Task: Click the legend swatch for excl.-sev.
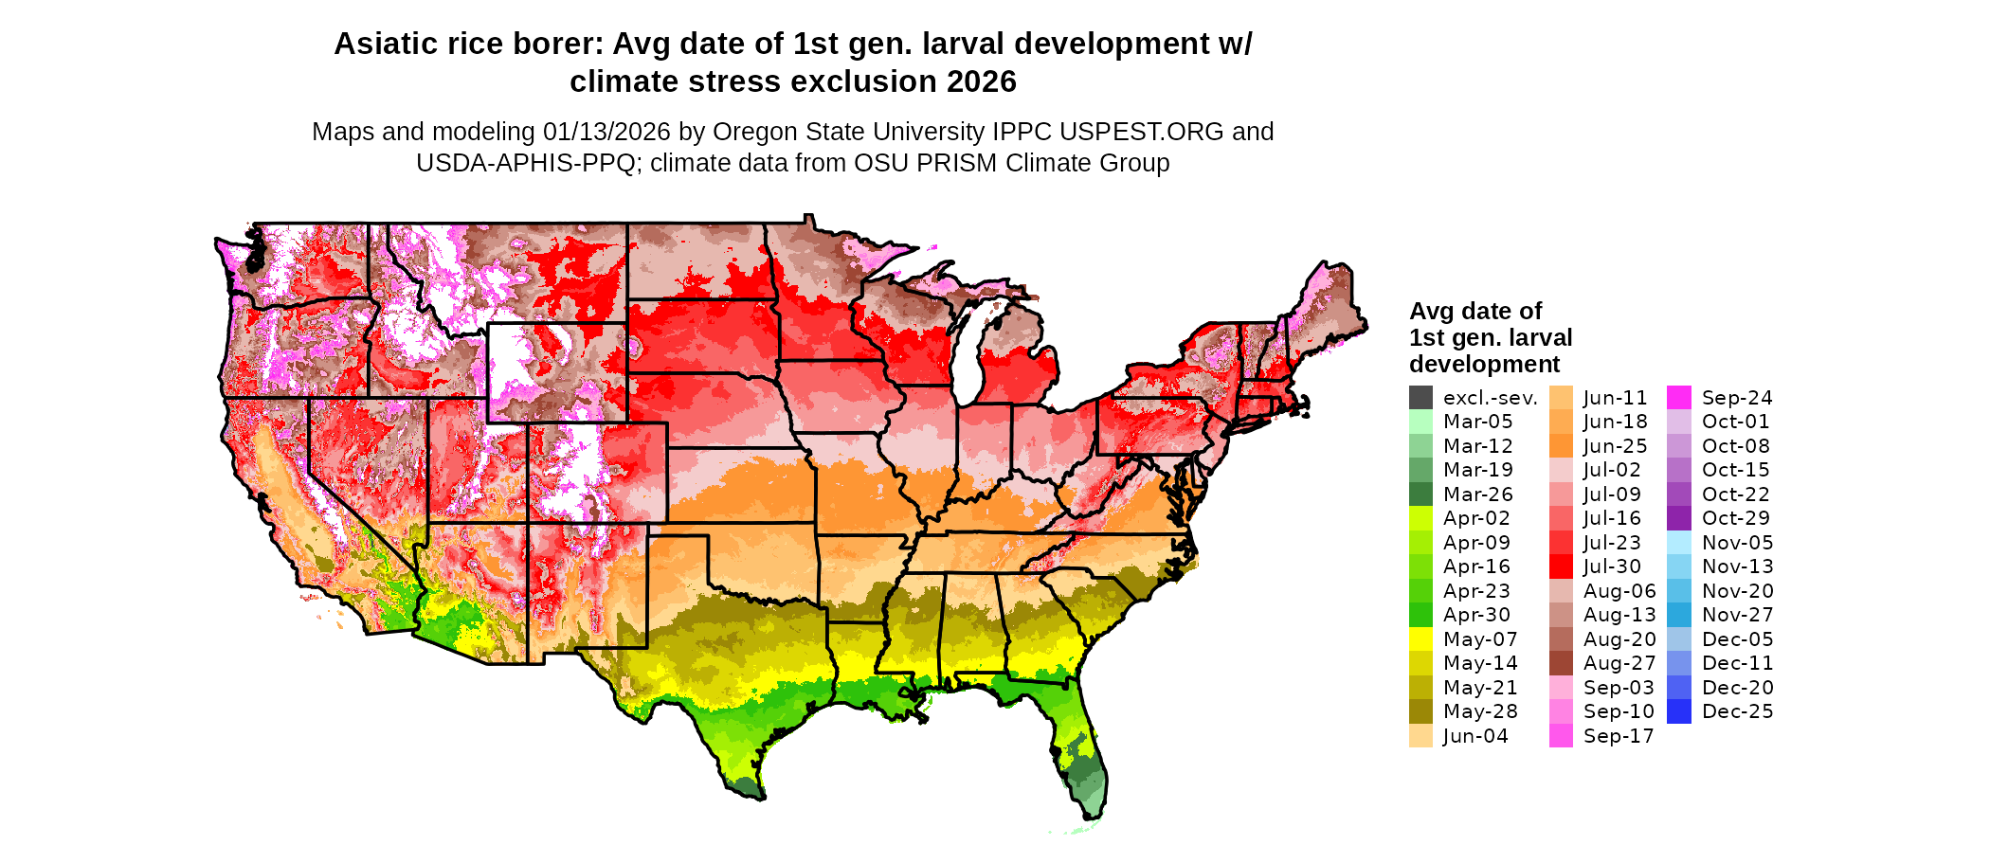tap(1420, 398)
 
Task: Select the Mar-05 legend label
tap(1477, 422)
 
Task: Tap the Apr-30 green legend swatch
tap(1420, 615)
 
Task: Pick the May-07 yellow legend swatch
tap(1420, 639)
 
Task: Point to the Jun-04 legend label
tap(1475, 736)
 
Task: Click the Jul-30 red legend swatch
tap(1561, 566)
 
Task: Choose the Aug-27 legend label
tap(1619, 663)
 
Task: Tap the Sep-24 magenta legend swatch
tap(1679, 398)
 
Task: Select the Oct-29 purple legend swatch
tap(1679, 518)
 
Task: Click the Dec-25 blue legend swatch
tap(1679, 711)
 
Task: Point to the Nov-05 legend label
tap(1737, 543)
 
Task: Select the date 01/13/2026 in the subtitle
tap(606, 132)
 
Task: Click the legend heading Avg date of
tap(1474, 312)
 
